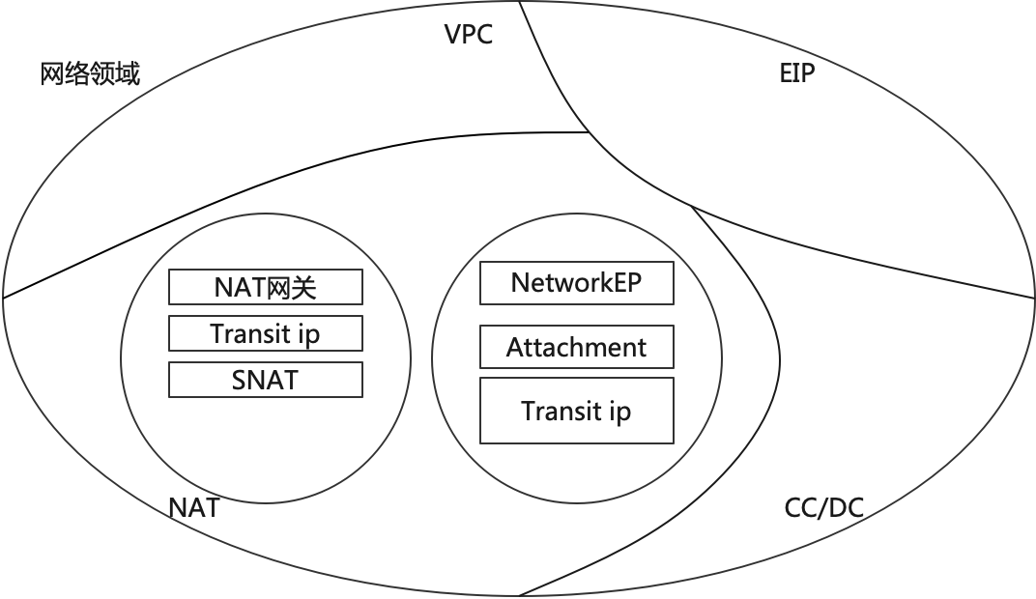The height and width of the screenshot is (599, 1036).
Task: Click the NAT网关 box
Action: click(x=266, y=287)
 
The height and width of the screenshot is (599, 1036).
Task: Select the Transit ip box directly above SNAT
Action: click(x=266, y=333)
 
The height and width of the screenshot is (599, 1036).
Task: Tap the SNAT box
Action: click(x=266, y=380)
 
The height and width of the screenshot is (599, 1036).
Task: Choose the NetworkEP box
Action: click(x=577, y=284)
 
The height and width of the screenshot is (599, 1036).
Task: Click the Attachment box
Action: click(x=577, y=347)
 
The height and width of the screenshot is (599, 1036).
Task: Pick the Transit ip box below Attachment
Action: click(x=577, y=411)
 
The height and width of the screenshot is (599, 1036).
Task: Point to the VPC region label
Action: click(x=468, y=36)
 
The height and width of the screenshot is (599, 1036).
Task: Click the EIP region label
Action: click(x=797, y=73)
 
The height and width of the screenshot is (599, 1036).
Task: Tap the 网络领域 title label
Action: click(x=90, y=73)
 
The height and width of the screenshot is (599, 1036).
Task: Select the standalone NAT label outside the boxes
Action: click(x=193, y=507)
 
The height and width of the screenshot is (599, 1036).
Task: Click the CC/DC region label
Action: click(x=823, y=508)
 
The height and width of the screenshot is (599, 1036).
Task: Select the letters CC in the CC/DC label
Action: click(x=801, y=508)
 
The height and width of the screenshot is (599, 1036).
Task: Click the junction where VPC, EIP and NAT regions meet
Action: click(x=589, y=133)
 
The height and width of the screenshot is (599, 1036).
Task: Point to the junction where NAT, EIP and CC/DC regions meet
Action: click(x=692, y=206)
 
